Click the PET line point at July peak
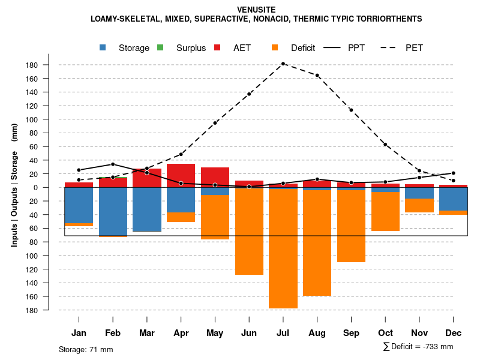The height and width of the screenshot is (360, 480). (283, 64)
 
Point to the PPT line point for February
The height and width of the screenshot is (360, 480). (113, 164)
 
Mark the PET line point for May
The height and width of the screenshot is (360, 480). (215, 123)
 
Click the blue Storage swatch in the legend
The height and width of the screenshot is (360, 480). (104, 48)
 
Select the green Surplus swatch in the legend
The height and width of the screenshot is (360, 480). (160, 48)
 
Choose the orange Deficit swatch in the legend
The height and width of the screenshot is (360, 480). (275, 48)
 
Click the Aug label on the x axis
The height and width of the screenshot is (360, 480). (317, 333)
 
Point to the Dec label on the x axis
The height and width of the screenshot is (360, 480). (453, 333)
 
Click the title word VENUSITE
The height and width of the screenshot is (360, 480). (256, 10)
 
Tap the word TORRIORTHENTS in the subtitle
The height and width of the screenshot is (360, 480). (391, 19)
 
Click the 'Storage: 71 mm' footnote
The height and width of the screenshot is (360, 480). (86, 349)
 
